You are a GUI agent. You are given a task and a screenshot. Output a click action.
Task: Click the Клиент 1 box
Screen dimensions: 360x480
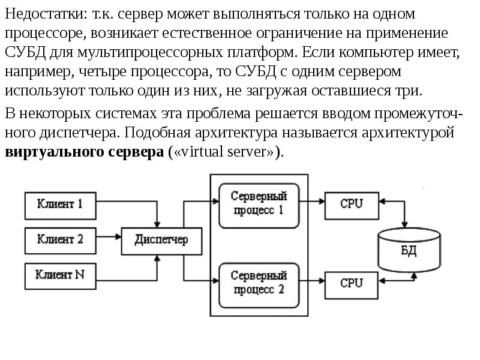tap(59, 205)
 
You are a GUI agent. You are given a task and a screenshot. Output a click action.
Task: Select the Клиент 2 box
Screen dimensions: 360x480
tap(59, 240)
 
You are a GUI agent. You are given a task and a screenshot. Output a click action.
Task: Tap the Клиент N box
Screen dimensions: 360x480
tap(59, 275)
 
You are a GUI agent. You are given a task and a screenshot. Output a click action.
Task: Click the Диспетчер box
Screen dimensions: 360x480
tap(161, 240)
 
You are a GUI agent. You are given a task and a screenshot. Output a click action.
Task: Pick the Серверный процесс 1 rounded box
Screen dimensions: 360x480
tap(259, 205)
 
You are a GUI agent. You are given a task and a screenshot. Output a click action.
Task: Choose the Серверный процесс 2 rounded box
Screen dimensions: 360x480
tap(259, 284)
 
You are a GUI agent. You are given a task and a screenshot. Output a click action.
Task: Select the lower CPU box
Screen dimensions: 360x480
tap(351, 283)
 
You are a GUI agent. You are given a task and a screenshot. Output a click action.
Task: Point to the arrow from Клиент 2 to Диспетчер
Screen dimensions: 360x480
tap(109, 240)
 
